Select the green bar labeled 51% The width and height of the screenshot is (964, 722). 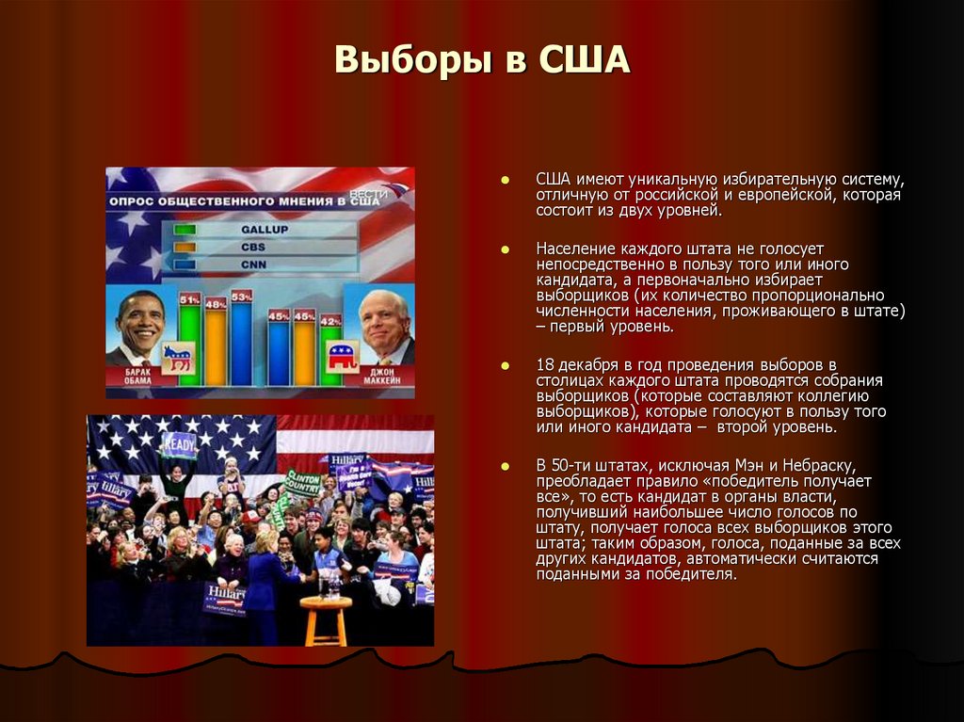click(x=189, y=344)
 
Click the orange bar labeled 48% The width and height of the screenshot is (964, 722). click(x=216, y=346)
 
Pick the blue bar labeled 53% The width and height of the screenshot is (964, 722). click(x=241, y=341)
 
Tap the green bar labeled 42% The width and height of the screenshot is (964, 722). click(x=330, y=353)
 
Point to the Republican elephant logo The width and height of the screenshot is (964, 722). click(x=341, y=357)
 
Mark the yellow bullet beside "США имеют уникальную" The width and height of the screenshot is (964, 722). click(x=505, y=179)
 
